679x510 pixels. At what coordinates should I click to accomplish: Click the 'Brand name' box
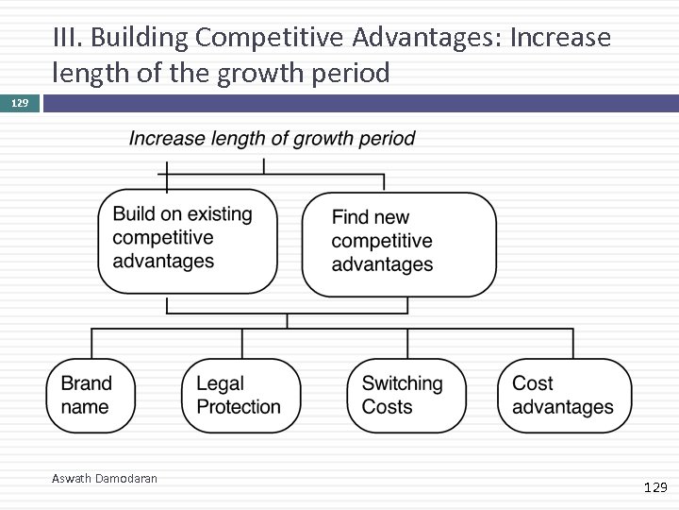point(91,396)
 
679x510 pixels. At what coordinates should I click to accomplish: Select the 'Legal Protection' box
point(240,396)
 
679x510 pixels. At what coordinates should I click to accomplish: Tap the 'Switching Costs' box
point(406,396)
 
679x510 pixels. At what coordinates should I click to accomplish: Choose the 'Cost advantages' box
point(564,396)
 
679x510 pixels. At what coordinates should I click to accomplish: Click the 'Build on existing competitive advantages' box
point(188,240)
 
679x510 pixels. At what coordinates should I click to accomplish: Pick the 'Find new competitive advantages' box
point(398,243)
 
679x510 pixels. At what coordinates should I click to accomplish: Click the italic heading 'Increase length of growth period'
point(272,139)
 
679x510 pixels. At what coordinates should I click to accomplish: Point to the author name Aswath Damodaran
point(105,479)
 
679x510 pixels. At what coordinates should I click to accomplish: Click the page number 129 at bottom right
point(654,487)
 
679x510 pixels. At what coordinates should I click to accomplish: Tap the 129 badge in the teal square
point(19,102)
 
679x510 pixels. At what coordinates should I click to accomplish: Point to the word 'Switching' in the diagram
point(402,383)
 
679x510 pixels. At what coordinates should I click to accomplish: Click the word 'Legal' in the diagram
point(220,383)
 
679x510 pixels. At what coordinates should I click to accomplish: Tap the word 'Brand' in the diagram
point(86,383)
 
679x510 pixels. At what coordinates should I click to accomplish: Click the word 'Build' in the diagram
point(133,214)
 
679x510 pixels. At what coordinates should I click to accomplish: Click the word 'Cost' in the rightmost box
point(532,383)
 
